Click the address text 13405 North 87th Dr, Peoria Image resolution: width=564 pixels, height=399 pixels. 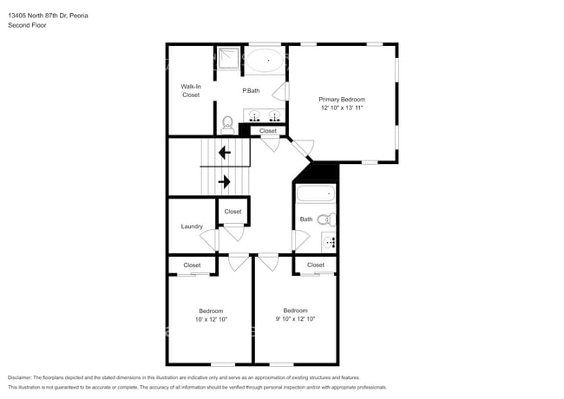coord(47,16)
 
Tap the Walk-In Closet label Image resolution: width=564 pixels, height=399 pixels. coord(191,90)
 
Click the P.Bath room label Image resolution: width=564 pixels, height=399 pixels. coord(251,91)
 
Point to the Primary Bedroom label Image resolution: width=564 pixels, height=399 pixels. coord(341,99)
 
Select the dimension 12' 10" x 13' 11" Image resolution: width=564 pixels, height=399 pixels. coord(341,108)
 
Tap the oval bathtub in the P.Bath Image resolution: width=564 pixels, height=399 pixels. coord(265,62)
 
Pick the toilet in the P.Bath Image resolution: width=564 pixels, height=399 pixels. coord(227,123)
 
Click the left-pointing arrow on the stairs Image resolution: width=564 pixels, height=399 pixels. coord(224,154)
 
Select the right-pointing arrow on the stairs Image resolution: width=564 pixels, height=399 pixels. coord(224,181)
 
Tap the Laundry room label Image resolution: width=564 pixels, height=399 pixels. coord(192,226)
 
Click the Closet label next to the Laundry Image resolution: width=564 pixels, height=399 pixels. coord(233,212)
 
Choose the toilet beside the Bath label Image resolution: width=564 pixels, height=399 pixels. coord(324,219)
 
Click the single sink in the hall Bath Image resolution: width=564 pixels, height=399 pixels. coord(329,241)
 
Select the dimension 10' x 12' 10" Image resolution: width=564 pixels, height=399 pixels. coord(211,320)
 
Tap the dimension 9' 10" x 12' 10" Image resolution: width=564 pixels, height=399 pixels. coord(295,319)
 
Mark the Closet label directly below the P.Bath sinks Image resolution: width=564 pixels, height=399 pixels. coord(268,131)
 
